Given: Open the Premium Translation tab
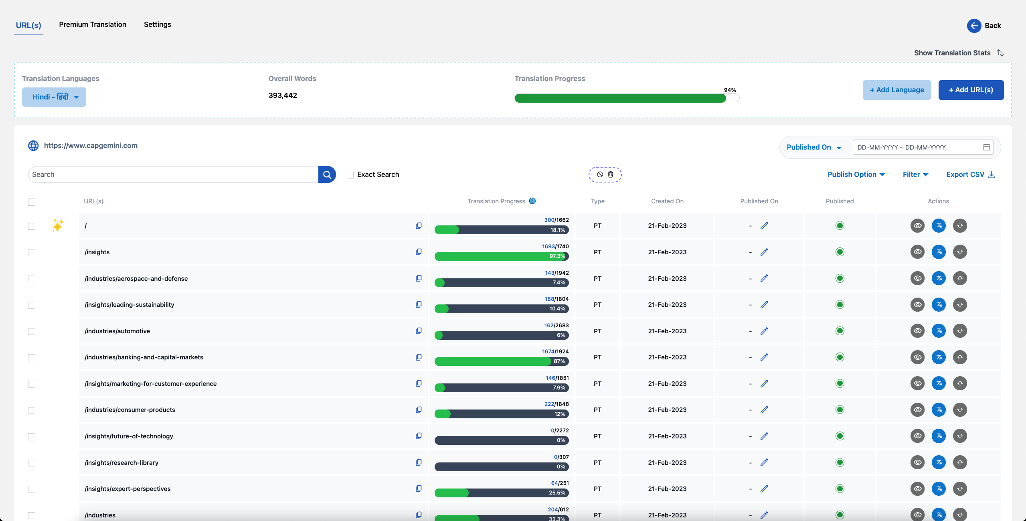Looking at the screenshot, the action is (x=93, y=24).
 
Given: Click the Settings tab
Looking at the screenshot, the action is (x=158, y=24).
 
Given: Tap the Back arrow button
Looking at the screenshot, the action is (x=974, y=26).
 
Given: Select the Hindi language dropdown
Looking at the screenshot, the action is (x=54, y=97).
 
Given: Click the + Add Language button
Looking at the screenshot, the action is (x=897, y=90).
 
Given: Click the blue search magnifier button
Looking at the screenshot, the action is (x=327, y=174).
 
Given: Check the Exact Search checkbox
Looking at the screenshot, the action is (x=350, y=175).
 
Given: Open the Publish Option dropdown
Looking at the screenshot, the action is (x=856, y=174).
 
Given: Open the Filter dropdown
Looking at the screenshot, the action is (x=916, y=174).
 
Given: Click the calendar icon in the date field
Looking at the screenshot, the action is (x=987, y=147).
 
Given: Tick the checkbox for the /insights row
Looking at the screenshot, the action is (x=32, y=253).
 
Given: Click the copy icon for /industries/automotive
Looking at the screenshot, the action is (x=419, y=331).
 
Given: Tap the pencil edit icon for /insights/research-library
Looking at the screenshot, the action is (x=764, y=462).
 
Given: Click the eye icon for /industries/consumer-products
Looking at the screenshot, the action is (x=917, y=410).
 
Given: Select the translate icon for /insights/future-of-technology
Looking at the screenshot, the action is (x=939, y=436).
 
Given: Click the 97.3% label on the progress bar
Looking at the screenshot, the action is (x=557, y=256).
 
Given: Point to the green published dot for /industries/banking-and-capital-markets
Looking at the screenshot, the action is (x=840, y=357).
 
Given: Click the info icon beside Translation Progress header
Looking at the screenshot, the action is (x=532, y=201).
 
